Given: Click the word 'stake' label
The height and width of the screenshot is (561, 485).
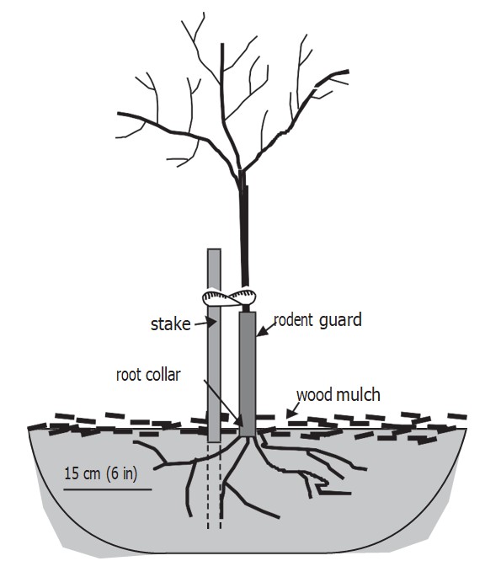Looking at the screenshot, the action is (x=170, y=324).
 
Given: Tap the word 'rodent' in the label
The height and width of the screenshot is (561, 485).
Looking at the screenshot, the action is (x=293, y=319).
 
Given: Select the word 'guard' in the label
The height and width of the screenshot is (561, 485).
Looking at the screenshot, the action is (x=340, y=320).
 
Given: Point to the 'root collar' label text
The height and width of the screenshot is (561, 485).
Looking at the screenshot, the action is (x=148, y=375).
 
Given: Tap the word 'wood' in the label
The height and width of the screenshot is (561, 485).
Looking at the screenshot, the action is (x=315, y=395).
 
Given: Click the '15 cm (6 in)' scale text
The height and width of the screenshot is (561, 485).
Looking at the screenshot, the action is (x=100, y=473).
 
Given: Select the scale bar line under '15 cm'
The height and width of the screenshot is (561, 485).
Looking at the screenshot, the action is (x=108, y=489).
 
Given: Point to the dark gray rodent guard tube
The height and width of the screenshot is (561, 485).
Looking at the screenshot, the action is (x=248, y=374).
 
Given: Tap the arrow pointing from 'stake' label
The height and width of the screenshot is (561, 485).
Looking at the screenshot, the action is (x=205, y=323).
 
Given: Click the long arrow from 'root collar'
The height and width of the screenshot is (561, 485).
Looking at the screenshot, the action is (x=223, y=403).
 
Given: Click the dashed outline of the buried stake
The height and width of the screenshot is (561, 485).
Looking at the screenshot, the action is (x=214, y=485).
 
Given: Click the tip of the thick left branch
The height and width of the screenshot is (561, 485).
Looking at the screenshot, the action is (x=119, y=114).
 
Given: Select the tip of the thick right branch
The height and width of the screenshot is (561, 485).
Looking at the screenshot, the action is (x=348, y=72).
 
